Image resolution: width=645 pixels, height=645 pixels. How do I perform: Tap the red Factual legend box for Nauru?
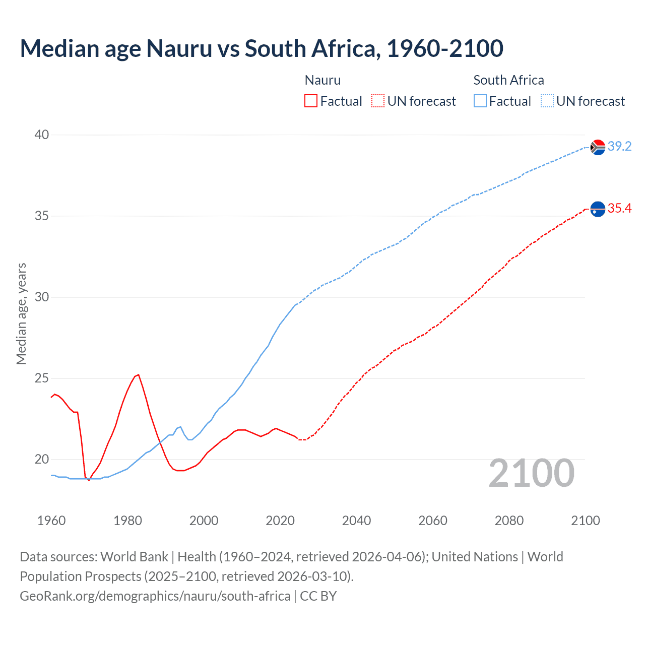311,101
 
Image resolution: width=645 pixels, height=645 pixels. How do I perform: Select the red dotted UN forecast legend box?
378,101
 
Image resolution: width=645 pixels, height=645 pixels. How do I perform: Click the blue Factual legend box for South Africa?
480,101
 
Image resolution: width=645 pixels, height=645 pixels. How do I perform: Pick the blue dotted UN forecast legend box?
547,101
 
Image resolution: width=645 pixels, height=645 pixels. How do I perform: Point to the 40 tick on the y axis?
42,135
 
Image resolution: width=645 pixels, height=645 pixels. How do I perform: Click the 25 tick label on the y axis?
42,378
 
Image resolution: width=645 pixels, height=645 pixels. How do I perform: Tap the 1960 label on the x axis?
51,521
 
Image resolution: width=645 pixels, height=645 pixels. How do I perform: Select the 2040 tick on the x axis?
356,521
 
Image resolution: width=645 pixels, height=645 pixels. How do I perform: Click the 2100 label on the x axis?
585,521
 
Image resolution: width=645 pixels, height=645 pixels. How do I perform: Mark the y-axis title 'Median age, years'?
21,313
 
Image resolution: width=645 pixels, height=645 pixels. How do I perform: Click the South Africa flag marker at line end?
598,147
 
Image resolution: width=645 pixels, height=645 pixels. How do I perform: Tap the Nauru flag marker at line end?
598,209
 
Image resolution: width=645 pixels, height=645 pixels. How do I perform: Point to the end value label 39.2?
619,147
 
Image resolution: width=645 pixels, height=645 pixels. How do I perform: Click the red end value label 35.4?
619,209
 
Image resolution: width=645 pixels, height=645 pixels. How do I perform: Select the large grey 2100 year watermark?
531,473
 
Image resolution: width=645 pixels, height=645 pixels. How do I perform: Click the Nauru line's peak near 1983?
138,375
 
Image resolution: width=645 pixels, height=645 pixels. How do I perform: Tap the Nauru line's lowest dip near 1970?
89,480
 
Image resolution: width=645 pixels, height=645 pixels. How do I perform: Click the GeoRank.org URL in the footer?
155,596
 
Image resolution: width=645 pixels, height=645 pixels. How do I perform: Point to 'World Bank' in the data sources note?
134,557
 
